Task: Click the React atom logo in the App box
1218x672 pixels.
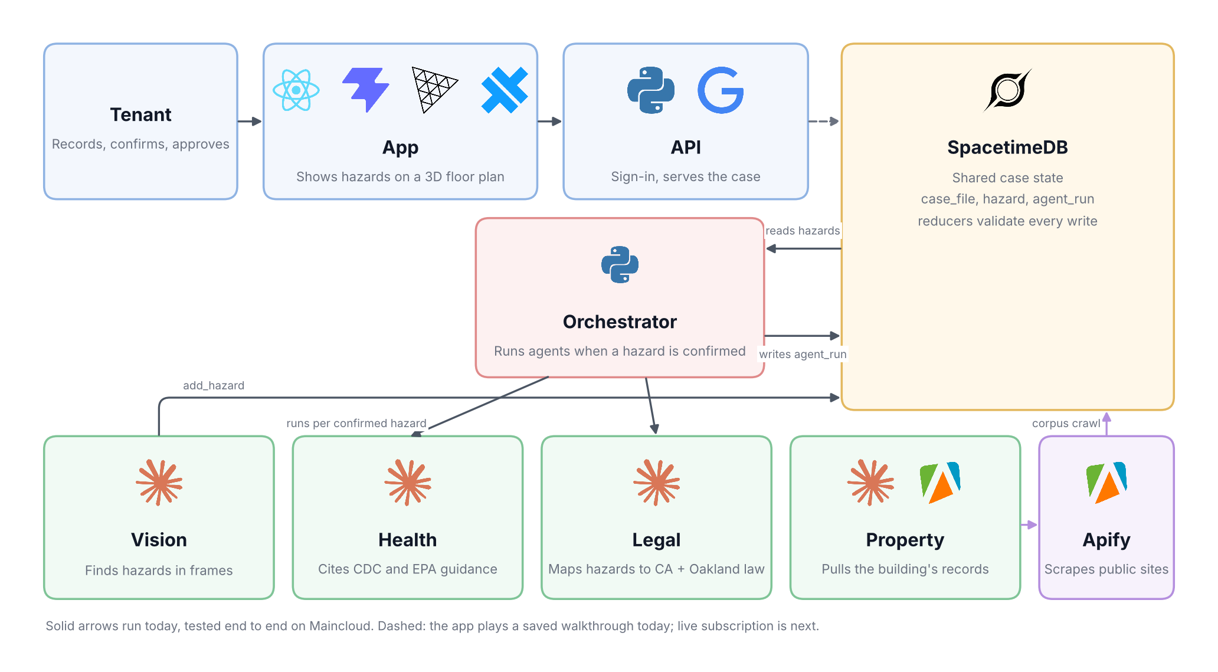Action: tap(296, 90)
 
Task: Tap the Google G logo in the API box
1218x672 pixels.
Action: tap(721, 90)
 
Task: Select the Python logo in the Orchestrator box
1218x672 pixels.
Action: tap(620, 264)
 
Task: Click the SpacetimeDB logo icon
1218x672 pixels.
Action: tap(1008, 90)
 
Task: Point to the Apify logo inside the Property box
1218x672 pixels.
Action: tap(940, 483)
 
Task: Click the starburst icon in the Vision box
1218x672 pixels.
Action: tap(159, 483)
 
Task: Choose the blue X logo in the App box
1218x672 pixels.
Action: tap(505, 90)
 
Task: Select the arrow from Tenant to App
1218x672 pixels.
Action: tap(250, 122)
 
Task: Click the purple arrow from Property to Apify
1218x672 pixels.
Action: tap(1029, 525)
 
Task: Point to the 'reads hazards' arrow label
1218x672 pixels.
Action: tap(803, 231)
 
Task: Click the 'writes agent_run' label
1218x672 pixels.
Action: tap(803, 354)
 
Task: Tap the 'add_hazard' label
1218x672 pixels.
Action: tap(214, 385)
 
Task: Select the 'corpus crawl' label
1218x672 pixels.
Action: tap(1066, 423)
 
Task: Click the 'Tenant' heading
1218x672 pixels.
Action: tap(140, 114)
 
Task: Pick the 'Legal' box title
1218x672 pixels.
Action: tap(656, 540)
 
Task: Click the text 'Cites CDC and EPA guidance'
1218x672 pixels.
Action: tap(408, 569)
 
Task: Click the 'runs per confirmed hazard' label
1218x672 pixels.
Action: tap(356, 423)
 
